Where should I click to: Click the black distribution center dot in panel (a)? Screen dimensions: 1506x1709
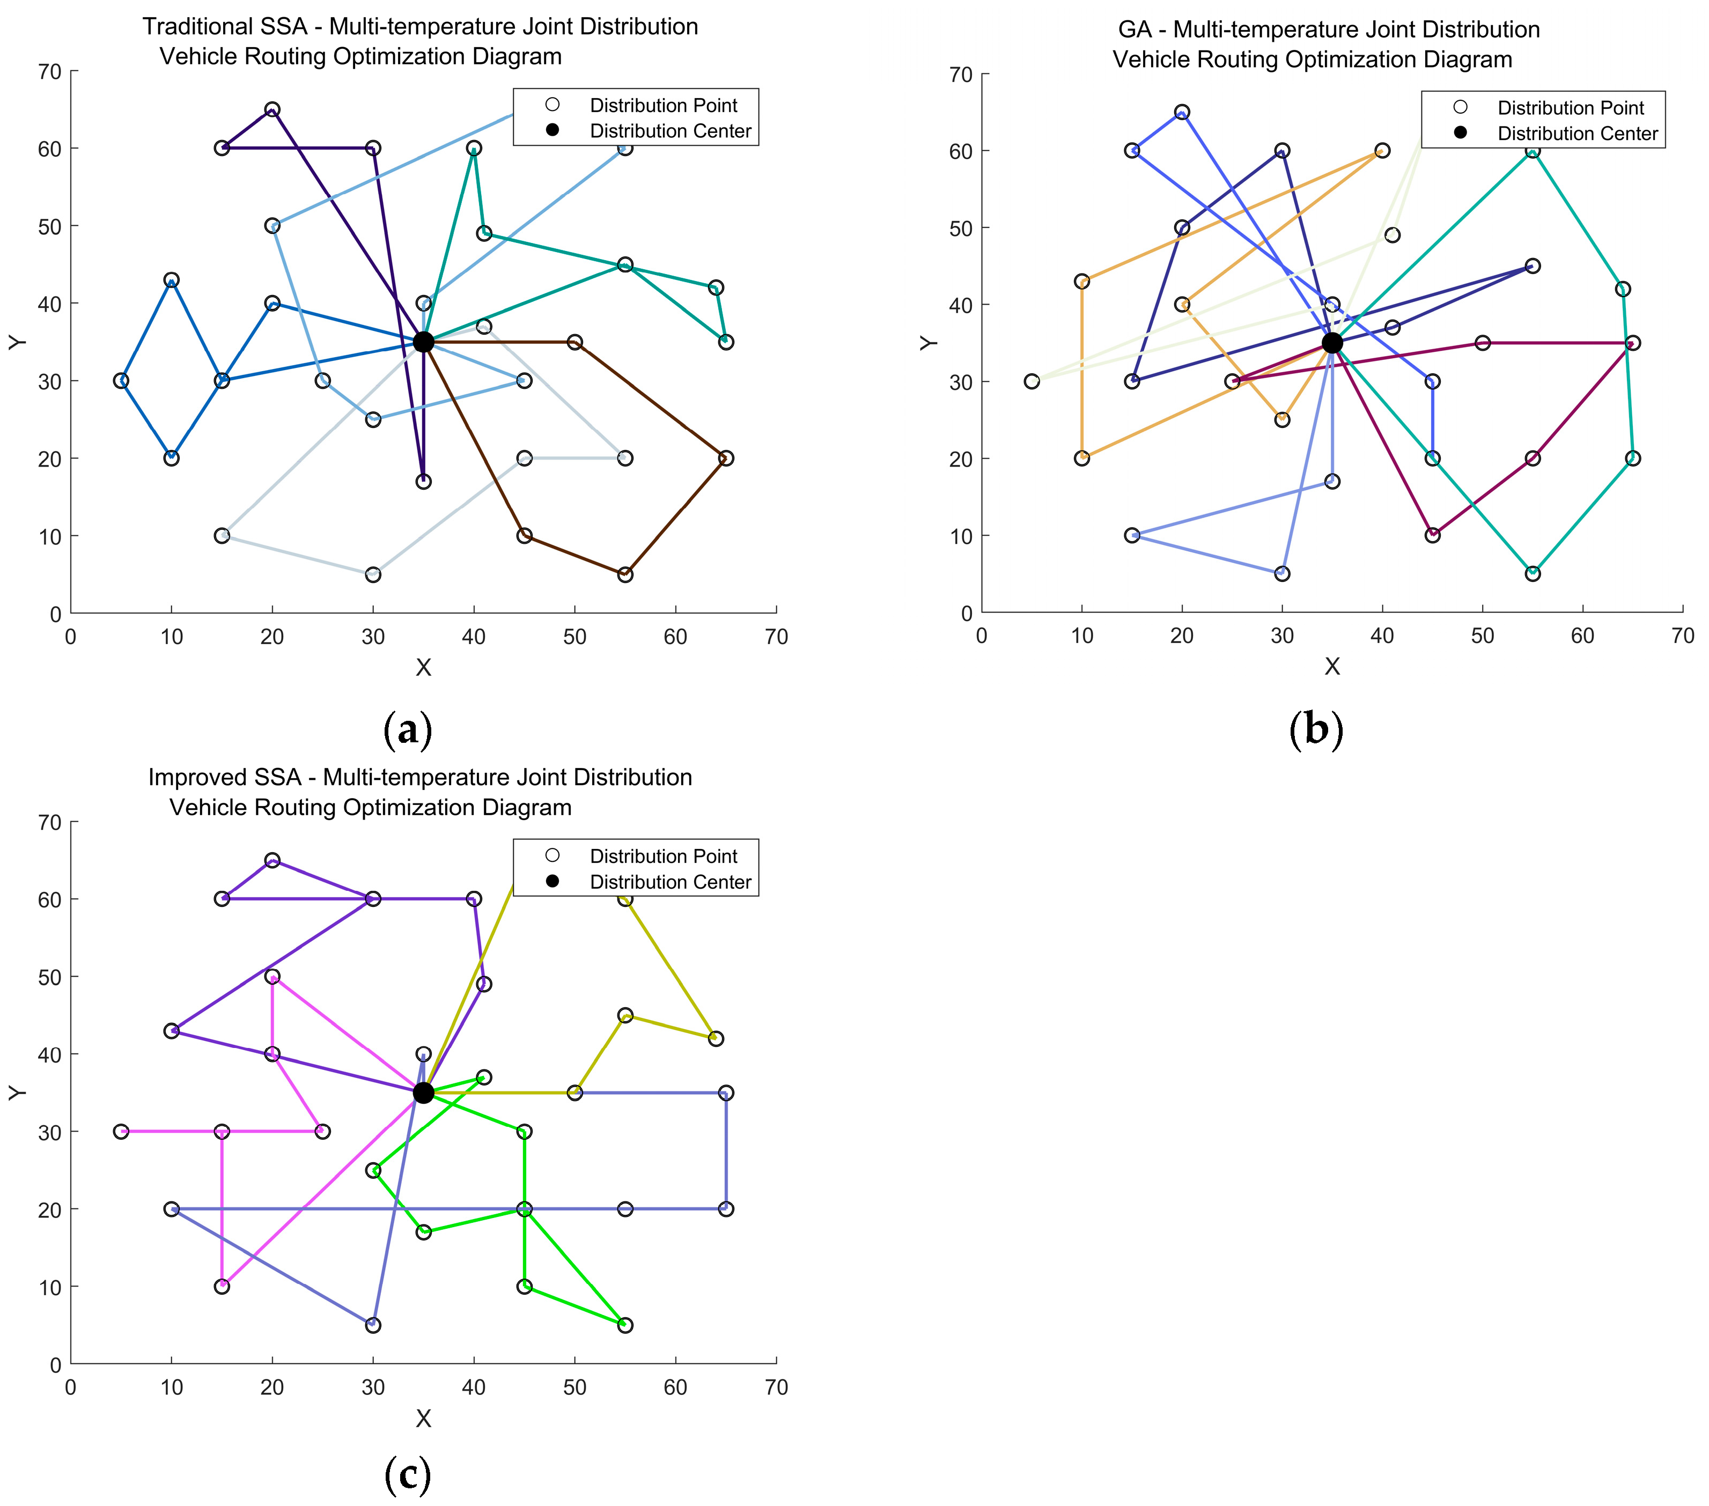[423, 342]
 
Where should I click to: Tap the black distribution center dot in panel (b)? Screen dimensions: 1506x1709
[1332, 343]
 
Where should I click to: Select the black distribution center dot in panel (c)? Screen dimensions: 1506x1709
[423, 1093]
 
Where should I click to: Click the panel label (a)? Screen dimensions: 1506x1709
[407, 730]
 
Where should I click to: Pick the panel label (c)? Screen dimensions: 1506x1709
[407, 1474]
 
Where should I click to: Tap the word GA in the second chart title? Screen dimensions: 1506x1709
[1135, 30]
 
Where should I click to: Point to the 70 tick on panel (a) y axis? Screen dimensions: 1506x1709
[49, 72]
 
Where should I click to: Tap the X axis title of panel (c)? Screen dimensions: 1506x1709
[423, 1419]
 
